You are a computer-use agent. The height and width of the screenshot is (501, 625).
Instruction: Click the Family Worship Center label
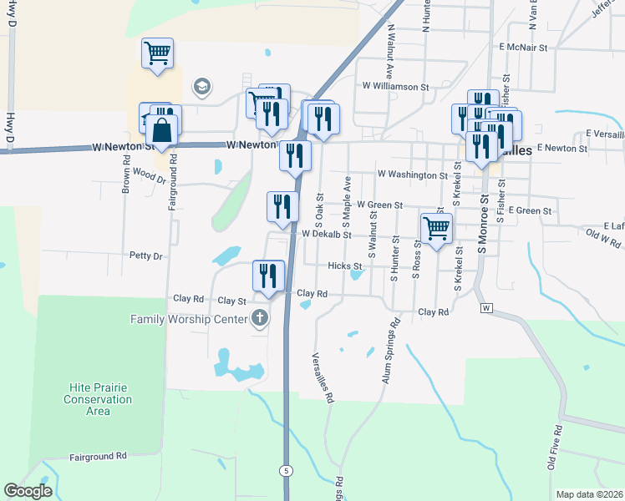coord(188,319)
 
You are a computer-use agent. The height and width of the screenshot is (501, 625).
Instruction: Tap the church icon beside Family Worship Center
coord(260,318)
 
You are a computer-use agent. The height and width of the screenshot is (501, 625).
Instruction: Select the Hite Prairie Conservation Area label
coord(99,399)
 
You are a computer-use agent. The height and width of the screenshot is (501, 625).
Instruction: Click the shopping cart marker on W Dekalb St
coord(436,228)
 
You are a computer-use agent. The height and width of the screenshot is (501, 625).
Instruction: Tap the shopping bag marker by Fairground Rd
coord(162,130)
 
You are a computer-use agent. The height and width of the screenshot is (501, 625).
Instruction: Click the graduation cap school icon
coord(201,86)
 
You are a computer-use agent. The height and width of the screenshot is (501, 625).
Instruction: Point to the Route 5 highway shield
coord(287,471)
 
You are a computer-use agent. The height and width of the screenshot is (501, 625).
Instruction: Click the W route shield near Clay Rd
coord(485,308)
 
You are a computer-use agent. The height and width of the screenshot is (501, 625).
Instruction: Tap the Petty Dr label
coord(145,256)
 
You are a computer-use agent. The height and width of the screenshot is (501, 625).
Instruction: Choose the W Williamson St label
coord(395,86)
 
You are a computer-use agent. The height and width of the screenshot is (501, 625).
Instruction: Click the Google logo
coord(28,491)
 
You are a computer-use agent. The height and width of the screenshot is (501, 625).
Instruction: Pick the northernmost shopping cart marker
coord(157,53)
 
